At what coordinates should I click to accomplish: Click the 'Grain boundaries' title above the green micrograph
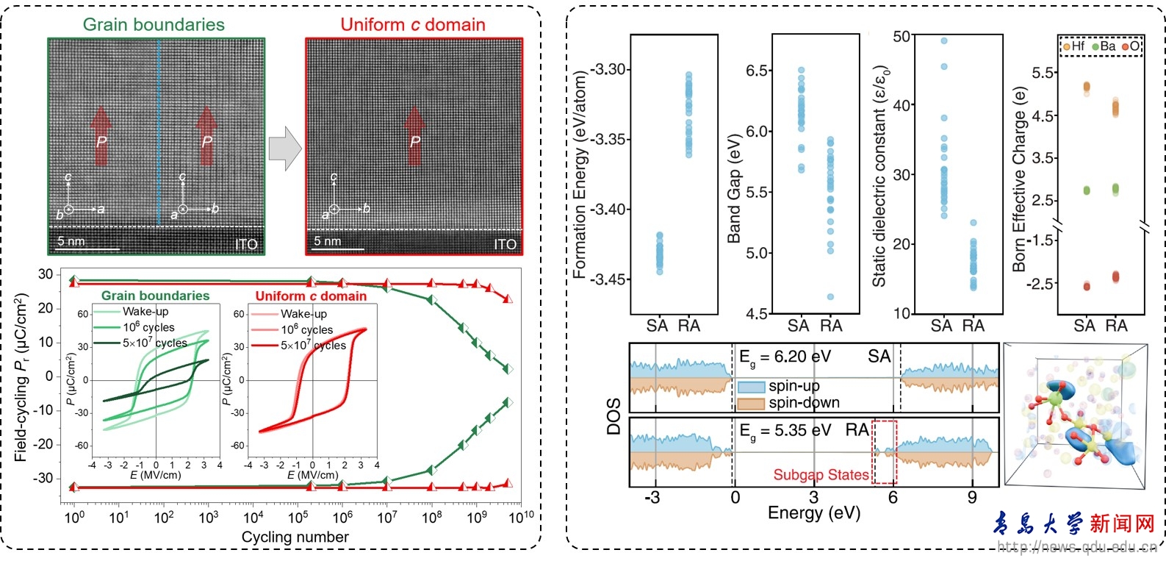tap(154, 24)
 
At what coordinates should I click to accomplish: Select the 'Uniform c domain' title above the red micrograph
tap(413, 24)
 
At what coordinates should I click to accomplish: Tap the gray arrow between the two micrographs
tap(285, 149)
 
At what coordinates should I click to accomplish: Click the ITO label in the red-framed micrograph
tap(505, 244)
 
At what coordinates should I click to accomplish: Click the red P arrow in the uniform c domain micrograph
tap(414, 136)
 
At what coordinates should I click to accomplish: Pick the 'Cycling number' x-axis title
tap(295, 537)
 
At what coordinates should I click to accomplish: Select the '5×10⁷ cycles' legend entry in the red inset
tap(298, 346)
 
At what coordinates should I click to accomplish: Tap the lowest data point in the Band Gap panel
tap(830, 297)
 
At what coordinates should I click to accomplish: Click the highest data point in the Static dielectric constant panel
tap(944, 40)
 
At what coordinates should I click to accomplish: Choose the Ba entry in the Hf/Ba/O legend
tap(1104, 47)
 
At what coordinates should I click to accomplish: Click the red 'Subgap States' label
tap(821, 474)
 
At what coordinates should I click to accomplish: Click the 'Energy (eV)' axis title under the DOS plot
tap(814, 513)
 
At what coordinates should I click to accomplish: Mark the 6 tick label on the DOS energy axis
tap(893, 498)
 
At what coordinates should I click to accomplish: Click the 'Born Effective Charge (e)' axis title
tap(1018, 179)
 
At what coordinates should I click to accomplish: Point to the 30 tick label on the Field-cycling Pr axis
tap(46, 274)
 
